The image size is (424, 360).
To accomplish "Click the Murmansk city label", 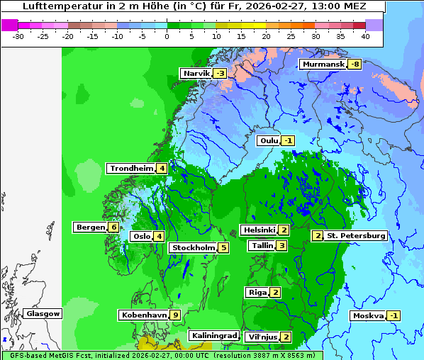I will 323,64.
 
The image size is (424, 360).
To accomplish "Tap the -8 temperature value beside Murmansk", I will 354,64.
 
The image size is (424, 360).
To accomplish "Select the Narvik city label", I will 196,74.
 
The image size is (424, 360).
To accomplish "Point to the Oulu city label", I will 269,141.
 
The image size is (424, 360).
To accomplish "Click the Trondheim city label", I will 131,169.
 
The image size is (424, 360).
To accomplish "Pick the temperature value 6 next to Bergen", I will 113,227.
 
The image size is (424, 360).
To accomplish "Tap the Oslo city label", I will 142,237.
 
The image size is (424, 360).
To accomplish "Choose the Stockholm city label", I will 192,248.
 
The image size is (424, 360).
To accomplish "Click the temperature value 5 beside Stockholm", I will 223,248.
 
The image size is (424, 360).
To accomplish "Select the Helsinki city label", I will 259,230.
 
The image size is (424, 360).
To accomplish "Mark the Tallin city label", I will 262,246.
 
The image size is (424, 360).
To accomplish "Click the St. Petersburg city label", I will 355,236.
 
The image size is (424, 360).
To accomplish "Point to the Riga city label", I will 257,293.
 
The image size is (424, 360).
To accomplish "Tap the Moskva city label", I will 368,316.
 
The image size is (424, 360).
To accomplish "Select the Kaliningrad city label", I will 213,336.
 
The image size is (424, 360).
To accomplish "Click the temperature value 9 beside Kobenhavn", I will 174,315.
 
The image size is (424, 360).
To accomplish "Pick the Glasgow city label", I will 43,314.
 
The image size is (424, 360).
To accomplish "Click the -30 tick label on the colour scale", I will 18,36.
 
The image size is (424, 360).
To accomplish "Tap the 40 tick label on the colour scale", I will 365,36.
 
